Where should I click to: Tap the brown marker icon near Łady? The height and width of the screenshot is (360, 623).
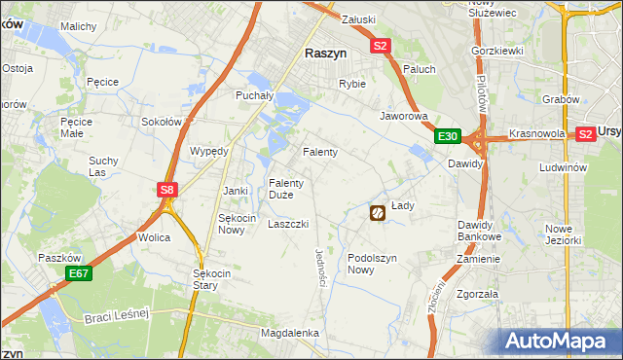(377, 211)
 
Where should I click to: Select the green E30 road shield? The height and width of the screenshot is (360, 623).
(447, 137)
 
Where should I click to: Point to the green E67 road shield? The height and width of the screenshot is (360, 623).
(79, 275)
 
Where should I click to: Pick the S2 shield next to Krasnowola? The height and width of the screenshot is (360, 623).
(585, 134)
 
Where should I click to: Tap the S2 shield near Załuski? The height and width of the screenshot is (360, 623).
(380, 46)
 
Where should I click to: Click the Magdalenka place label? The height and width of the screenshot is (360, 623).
(289, 333)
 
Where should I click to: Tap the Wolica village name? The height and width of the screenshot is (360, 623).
(154, 237)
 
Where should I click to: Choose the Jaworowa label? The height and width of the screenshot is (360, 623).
(404, 115)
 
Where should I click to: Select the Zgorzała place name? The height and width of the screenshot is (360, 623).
(477, 293)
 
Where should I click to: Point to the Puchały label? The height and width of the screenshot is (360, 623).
(255, 95)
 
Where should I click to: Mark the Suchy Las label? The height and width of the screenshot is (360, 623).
(102, 166)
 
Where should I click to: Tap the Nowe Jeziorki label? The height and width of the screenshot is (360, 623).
(563, 234)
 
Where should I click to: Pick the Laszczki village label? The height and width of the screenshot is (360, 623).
(288, 224)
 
